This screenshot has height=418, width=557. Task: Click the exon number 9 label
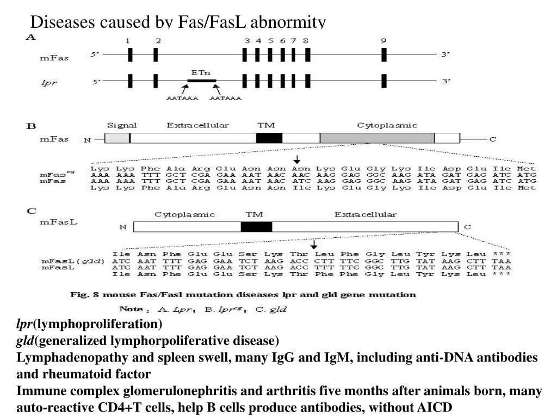coord(384,41)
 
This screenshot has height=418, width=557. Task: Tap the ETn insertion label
coord(201,72)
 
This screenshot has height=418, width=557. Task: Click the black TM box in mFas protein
coord(269,138)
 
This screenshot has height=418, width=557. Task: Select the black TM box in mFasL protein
coord(256,226)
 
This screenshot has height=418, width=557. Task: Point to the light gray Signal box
coord(117,138)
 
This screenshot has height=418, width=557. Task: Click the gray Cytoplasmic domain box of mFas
coord(377,138)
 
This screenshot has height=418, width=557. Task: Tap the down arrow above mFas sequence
coord(297,159)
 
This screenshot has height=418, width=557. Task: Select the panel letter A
coord(31,37)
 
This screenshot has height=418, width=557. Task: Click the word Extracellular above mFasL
coord(365,214)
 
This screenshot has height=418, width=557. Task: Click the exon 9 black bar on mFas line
coord(384,55)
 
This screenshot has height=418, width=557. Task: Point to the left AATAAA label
coord(182,99)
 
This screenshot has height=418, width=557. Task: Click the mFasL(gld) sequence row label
coord(65,261)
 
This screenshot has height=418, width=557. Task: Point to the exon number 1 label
coord(127,41)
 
